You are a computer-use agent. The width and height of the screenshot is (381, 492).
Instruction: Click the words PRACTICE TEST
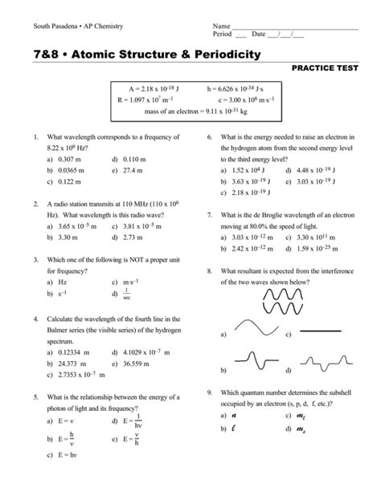(330, 70)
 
